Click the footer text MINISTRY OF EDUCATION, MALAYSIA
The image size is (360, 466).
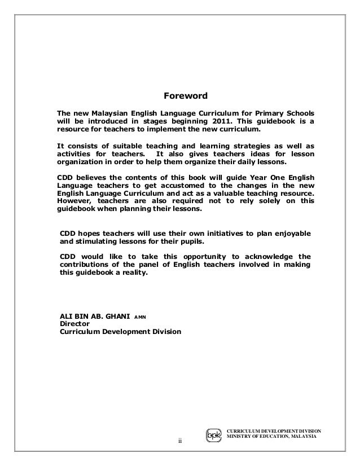coord(271,437)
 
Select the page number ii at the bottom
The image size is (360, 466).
coord(179,441)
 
